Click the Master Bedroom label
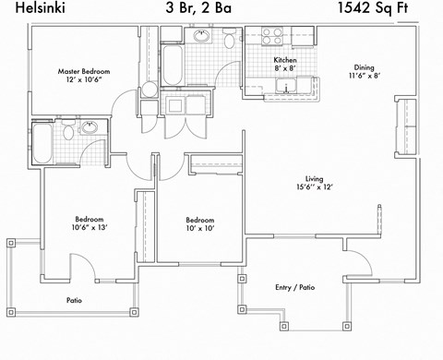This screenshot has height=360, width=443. click(x=84, y=71)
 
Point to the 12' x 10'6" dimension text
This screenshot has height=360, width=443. click(x=84, y=81)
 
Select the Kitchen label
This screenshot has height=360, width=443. click(x=284, y=61)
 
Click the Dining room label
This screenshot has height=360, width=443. click(x=364, y=66)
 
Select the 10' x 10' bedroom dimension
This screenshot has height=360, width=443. click(x=200, y=230)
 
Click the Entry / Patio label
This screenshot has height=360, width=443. click(x=295, y=288)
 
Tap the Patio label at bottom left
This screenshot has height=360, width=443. click(x=75, y=301)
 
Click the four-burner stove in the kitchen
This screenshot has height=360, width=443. click(x=271, y=37)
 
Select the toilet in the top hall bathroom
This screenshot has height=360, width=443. click(x=227, y=39)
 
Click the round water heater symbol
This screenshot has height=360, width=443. click(x=150, y=90)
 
